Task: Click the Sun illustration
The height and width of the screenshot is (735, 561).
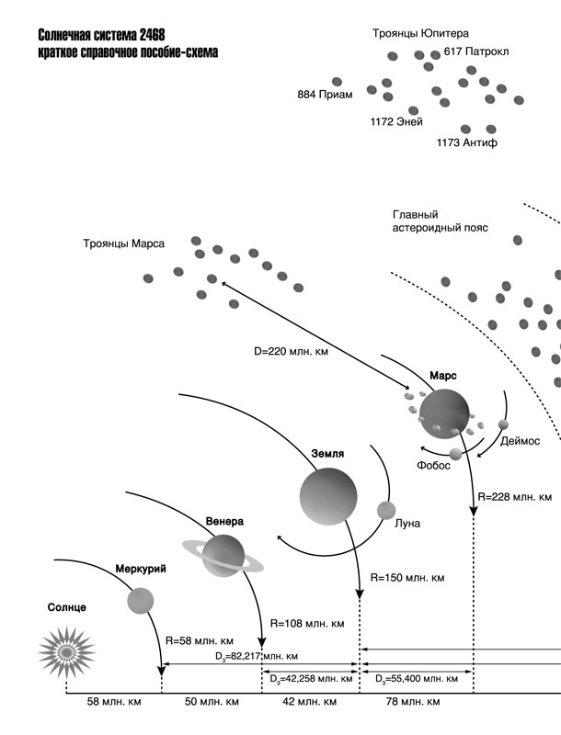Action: pos(67,650)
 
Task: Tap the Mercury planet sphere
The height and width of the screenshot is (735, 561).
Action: pos(140,601)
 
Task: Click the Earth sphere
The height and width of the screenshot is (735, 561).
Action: pos(327,494)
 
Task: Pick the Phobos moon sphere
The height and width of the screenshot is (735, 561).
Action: pos(456,454)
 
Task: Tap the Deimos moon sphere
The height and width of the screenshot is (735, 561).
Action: pos(503,424)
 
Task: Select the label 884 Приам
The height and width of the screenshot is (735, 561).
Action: pos(325,95)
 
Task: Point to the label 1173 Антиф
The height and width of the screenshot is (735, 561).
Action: pos(468,143)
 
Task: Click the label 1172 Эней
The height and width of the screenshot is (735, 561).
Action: pos(395,122)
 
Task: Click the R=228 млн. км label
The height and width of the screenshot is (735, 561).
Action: pos(515,497)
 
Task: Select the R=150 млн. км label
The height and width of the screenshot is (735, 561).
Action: pos(407,578)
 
